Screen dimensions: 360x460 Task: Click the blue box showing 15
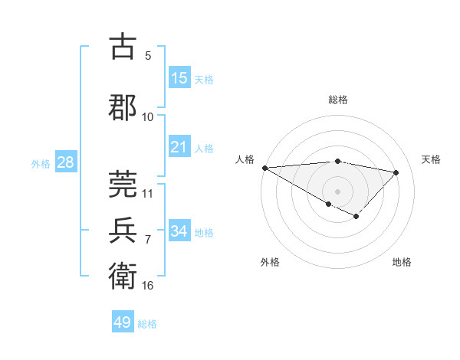[x=179, y=77]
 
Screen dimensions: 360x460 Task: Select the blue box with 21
[x=179, y=147]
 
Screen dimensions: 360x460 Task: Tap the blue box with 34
[x=179, y=231]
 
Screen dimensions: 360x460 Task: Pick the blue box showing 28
[x=65, y=162]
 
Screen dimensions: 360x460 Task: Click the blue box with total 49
[x=123, y=322]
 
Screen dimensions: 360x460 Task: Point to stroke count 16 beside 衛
[x=148, y=286]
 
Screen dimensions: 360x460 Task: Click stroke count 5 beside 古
[x=148, y=55]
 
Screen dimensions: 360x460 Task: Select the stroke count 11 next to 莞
[x=148, y=193]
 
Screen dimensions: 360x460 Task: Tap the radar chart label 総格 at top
[x=337, y=100]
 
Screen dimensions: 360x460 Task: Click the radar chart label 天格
[x=432, y=159]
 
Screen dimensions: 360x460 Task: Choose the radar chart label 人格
[x=245, y=159]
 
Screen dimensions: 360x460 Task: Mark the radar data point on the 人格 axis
[x=264, y=168]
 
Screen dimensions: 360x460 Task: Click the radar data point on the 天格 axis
[x=396, y=172]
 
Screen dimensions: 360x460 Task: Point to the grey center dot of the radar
[x=337, y=191]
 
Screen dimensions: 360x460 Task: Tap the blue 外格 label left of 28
[x=41, y=163]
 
